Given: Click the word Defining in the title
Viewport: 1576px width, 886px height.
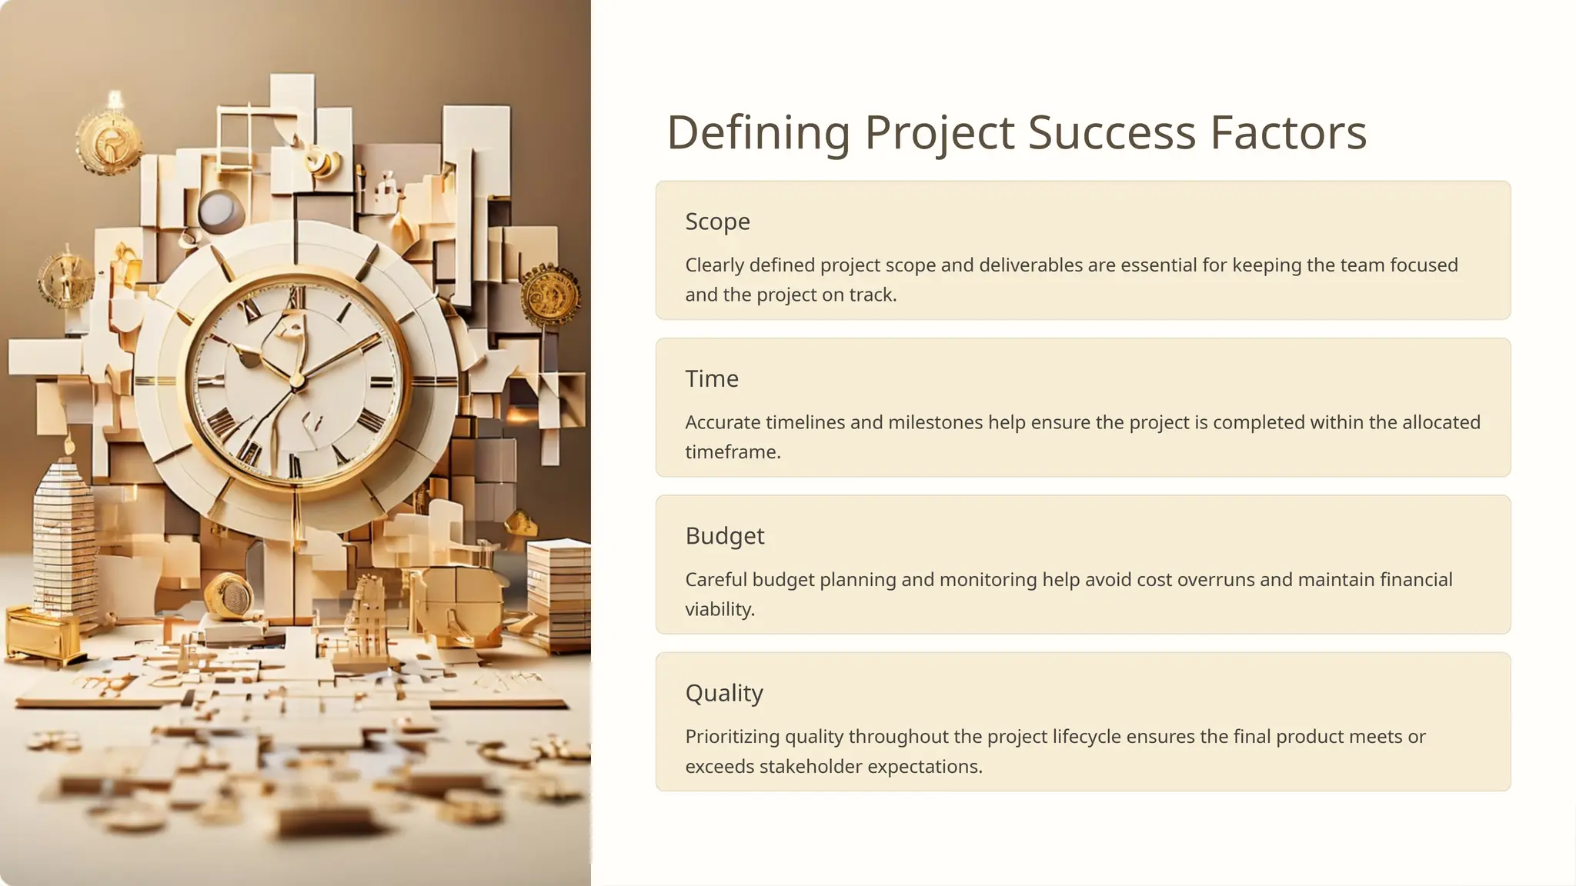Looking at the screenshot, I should [758, 132].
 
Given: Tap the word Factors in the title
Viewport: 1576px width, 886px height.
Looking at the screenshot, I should [1288, 132].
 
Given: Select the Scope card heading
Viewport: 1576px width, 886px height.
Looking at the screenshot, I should [717, 221].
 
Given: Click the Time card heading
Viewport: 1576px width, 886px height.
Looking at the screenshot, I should [712, 378].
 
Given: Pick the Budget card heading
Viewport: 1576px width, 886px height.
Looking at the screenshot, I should [725, 536].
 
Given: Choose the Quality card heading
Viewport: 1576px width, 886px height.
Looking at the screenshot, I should [724, 693].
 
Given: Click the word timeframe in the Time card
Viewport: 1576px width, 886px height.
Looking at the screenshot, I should [733, 452].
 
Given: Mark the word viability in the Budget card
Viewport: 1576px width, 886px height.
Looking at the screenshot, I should [720, 609].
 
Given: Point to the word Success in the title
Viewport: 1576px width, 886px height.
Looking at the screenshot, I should [1111, 132].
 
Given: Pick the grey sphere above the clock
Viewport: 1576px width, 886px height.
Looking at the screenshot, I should [218, 209].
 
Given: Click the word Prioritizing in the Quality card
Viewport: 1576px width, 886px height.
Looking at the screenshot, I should [732, 737].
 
